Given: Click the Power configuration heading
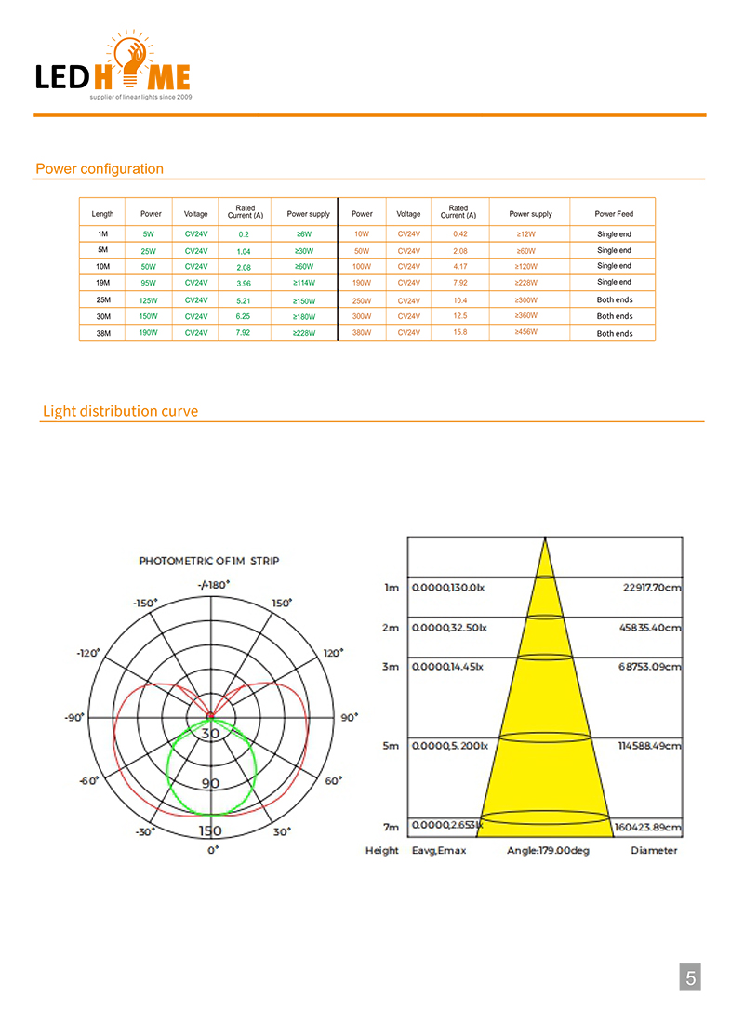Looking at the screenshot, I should click(x=100, y=169).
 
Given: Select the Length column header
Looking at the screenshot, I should click(x=102, y=214).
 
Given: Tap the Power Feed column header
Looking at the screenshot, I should click(x=614, y=214).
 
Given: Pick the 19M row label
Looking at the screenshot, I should click(x=103, y=282).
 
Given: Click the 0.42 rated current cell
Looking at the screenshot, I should click(x=459, y=234).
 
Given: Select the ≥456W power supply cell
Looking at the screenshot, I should click(x=526, y=332).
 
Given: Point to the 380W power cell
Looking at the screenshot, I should click(x=362, y=333).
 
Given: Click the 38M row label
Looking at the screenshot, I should click(x=103, y=333).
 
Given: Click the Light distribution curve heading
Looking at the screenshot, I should click(x=120, y=411).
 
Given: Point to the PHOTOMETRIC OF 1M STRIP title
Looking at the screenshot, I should click(x=209, y=561).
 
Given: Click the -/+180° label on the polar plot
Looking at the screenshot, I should click(x=214, y=584).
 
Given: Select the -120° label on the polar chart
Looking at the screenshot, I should click(x=89, y=653).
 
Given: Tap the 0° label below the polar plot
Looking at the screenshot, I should click(x=213, y=850).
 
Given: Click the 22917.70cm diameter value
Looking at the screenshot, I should click(x=650, y=588).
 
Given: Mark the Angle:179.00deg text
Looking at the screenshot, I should click(x=548, y=850).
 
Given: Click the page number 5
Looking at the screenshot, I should click(x=690, y=977).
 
